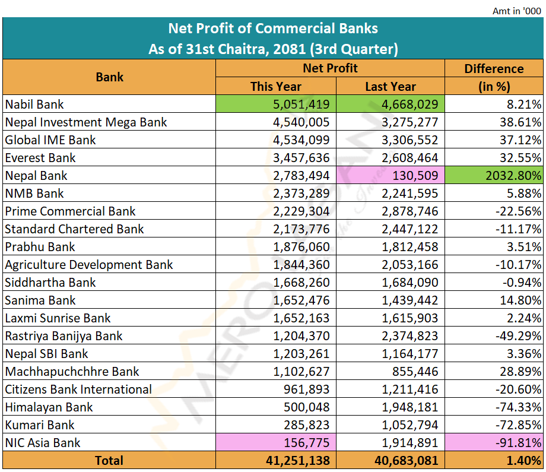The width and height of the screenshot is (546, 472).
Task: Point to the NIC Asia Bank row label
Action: pos(43,443)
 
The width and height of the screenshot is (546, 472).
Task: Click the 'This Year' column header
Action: pos(275,87)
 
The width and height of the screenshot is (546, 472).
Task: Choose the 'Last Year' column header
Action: pos(390,87)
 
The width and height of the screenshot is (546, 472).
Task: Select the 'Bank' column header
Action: pos(109,77)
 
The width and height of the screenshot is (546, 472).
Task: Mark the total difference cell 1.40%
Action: pos(522,461)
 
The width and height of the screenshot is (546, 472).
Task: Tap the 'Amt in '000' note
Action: pos(516,11)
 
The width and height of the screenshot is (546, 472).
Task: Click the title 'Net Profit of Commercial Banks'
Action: pos(273,28)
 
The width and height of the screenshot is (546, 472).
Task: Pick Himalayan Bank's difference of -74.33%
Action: pos(519,407)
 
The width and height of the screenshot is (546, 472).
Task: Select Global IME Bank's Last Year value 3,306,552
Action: pos(403,140)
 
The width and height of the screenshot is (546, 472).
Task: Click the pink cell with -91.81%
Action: pos(519,443)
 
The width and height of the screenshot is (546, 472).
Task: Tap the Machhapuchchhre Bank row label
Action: pos(72,372)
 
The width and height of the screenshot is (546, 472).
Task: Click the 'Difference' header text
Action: pos(494,69)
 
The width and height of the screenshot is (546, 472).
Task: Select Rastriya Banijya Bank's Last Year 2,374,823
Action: pos(403,336)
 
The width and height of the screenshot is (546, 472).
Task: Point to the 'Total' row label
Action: pos(109,461)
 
